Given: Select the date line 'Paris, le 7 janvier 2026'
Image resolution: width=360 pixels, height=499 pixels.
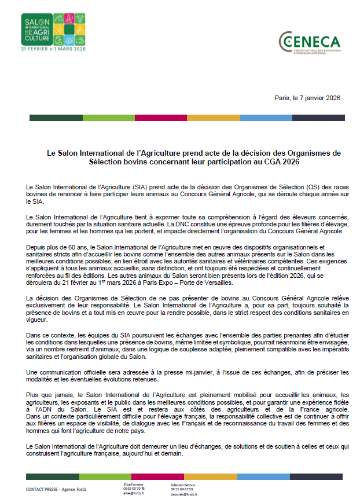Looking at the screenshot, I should click(x=307, y=98).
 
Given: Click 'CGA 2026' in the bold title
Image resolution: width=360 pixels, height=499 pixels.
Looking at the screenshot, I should click(x=269, y=163).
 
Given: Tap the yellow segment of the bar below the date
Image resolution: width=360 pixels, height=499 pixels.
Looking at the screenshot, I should click(x=214, y=118).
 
